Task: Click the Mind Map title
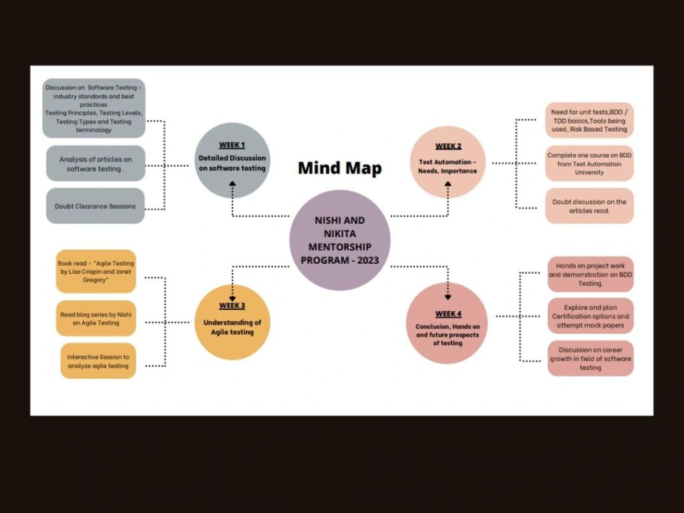pyautogui.click(x=339, y=168)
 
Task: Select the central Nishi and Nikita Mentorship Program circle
pyautogui.click(x=339, y=240)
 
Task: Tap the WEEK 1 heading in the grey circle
pyautogui.click(x=232, y=145)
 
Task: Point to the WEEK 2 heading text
pyautogui.click(x=448, y=146)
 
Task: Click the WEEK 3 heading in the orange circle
pyautogui.click(x=232, y=305)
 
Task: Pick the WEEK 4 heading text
pyautogui.click(x=448, y=314)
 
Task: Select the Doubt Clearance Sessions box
pyautogui.click(x=95, y=206)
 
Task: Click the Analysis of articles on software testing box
pyautogui.click(x=95, y=164)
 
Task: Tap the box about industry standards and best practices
pyautogui.click(x=94, y=108)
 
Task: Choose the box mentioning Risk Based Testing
pyautogui.click(x=588, y=120)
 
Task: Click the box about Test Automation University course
pyautogui.click(x=588, y=164)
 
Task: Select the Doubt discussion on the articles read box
pyautogui.click(x=588, y=206)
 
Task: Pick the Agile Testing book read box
pyautogui.click(x=96, y=271)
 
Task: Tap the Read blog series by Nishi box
pyautogui.click(x=96, y=318)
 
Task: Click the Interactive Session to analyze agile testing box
pyautogui.click(x=98, y=361)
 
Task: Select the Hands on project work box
pyautogui.click(x=590, y=274)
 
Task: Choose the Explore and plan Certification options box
pyautogui.click(x=590, y=316)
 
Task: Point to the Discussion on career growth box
pyautogui.click(x=590, y=358)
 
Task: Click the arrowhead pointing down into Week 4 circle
pyautogui.click(x=448, y=297)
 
